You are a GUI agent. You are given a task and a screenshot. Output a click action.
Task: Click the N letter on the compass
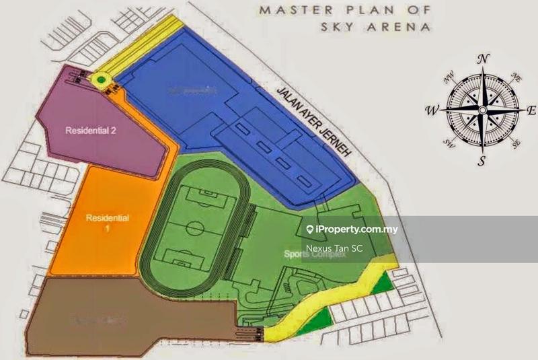(x=482, y=59)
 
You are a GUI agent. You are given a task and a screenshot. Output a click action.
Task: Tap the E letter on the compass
(x=531, y=110)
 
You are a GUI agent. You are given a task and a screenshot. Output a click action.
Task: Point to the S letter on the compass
(x=482, y=161)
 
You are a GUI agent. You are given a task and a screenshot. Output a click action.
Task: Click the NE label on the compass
(x=516, y=78)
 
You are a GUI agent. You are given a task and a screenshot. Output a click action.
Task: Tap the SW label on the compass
(x=447, y=143)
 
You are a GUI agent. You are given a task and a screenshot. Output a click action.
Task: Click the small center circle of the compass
(x=482, y=110)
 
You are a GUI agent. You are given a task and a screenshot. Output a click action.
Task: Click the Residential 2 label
(x=91, y=131)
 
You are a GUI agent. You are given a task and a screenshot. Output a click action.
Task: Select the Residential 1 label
(x=107, y=222)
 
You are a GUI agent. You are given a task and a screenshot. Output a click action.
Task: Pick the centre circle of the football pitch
(x=194, y=228)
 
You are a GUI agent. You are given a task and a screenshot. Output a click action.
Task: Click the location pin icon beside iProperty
(x=309, y=229)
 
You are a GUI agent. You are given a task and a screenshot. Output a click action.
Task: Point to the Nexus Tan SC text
(x=334, y=249)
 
